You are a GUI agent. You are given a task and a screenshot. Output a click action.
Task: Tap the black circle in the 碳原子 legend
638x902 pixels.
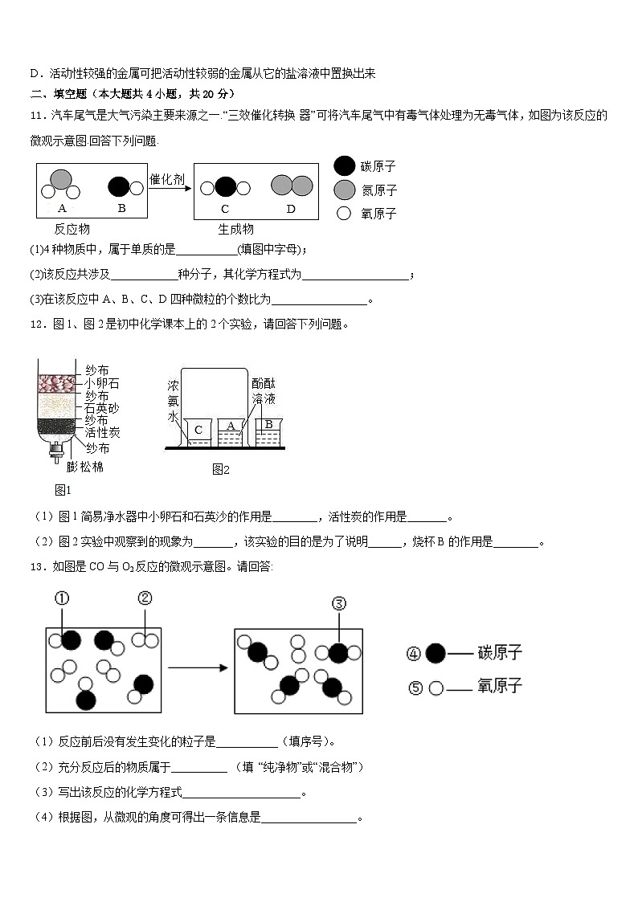point(344,166)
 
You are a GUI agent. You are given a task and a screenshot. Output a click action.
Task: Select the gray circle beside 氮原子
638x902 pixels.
point(344,190)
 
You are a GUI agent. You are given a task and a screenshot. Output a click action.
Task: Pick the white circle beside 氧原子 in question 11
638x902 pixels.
point(344,213)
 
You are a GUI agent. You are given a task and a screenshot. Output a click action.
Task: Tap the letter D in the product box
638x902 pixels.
point(291,209)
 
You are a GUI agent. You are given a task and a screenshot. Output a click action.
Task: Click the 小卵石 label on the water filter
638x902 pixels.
point(102,383)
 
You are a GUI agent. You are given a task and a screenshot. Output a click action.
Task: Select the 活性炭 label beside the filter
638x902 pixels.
point(102,433)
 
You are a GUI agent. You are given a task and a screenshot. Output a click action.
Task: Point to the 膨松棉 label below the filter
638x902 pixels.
point(84,466)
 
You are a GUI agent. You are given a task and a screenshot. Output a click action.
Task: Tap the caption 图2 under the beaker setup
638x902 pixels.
point(221,469)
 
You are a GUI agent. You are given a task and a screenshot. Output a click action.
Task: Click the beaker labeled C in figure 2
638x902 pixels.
point(198,432)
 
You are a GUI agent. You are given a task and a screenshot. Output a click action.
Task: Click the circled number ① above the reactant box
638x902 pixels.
point(62,598)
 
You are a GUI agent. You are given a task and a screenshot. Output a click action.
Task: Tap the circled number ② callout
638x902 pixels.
point(145,598)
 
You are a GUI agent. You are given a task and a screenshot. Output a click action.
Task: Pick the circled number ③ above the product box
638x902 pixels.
point(338,604)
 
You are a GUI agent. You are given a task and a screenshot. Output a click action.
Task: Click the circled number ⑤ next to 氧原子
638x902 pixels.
point(415,688)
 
